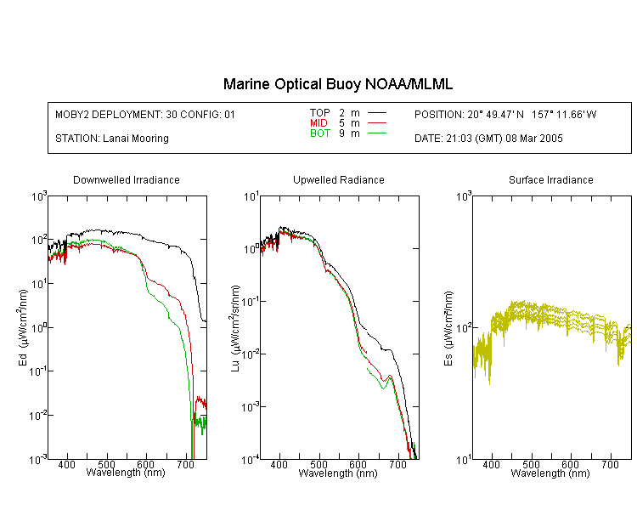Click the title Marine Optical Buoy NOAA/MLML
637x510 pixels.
[337, 84]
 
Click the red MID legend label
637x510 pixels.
[318, 122]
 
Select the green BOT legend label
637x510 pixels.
[320, 133]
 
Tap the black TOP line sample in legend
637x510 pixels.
[376, 113]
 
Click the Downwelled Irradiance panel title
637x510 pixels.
[127, 179]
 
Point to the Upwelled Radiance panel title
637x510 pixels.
[339, 179]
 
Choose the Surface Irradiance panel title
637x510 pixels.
[551, 179]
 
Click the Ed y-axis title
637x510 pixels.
[23, 327]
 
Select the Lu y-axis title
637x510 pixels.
[235, 328]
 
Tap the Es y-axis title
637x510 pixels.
[448, 328]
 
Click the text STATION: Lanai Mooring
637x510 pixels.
[112, 139]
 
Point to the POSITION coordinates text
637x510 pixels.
[505, 114]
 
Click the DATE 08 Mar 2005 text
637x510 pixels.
[488, 139]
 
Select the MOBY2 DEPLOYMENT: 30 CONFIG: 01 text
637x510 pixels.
[145, 114]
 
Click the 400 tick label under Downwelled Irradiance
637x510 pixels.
[66, 465]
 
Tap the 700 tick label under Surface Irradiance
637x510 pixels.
[610, 465]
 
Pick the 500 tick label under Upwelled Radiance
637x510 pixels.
[318, 465]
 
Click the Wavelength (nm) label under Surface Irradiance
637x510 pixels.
[550, 473]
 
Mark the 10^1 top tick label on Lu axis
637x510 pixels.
[251, 197]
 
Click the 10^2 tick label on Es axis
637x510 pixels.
[464, 328]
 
